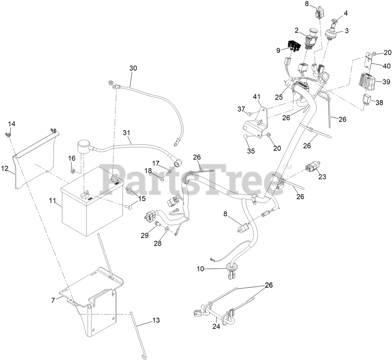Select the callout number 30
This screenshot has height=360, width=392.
click(x=133, y=68)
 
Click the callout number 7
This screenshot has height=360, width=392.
click(x=53, y=300)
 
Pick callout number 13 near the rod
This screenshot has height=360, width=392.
click(x=156, y=320)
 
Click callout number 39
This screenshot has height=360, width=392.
click(x=386, y=82)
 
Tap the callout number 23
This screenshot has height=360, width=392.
click(x=322, y=177)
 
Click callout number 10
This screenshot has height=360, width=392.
click(x=200, y=268)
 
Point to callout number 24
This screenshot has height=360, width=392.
click(x=216, y=326)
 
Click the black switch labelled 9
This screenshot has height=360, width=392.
click(x=293, y=46)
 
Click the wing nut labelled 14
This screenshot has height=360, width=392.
click(x=8, y=135)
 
